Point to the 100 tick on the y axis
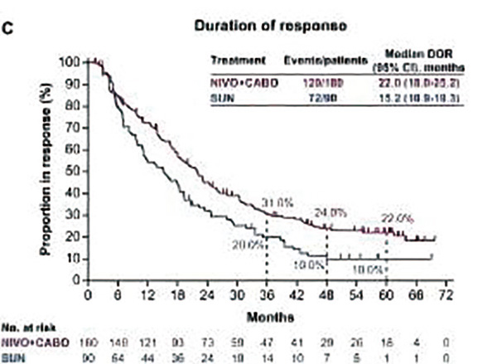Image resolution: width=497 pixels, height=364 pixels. [71, 62]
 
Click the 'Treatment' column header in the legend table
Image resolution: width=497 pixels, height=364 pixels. [238, 61]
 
